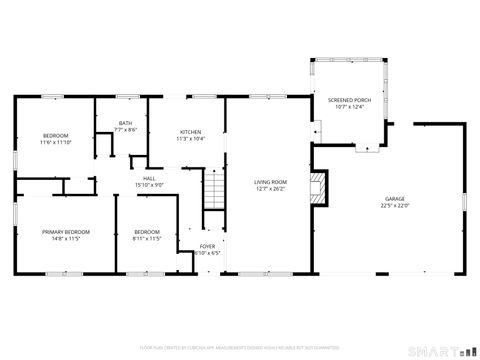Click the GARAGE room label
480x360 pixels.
394,198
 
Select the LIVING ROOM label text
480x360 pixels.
270,181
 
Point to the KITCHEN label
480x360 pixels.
190,132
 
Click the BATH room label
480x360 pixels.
125,123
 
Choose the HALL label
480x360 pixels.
148,178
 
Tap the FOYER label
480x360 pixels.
207,245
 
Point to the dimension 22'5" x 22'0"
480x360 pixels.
394,206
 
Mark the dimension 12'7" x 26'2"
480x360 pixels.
270,189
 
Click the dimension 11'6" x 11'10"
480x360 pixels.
56,142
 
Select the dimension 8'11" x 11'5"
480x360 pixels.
147,239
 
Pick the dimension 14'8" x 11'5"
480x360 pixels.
67,239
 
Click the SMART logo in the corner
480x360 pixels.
437,351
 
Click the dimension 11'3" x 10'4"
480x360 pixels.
190,139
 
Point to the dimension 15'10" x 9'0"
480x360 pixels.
148,185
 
